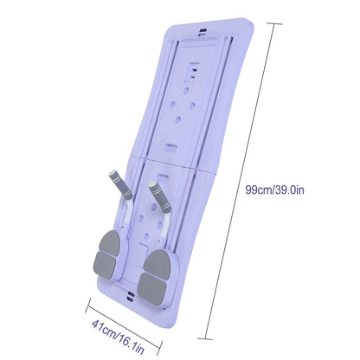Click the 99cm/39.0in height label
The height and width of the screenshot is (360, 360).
(274, 190)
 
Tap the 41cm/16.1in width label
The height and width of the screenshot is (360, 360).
(118, 337)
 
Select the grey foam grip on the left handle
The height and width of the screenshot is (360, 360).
(120, 185)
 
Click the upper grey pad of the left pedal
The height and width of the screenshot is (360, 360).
(109, 243)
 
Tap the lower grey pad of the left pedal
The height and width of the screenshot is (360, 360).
(105, 266)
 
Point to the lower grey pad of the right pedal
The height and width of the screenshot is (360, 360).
(152, 286)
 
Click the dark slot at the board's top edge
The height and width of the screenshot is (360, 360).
(202, 30)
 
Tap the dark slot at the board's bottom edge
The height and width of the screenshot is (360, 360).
(131, 297)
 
